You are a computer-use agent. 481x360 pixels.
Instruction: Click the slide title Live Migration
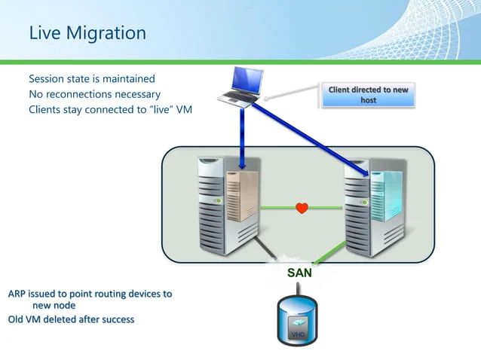point(87,33)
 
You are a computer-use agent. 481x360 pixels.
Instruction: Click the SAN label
point(299,273)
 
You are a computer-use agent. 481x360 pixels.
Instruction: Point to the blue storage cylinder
point(299,320)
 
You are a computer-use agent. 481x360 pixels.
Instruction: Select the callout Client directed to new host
point(368,95)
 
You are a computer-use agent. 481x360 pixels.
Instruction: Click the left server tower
point(226,203)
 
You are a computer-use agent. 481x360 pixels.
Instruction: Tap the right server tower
point(375,203)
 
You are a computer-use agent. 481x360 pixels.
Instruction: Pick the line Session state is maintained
point(92,78)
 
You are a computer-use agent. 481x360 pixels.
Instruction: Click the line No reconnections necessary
point(94,94)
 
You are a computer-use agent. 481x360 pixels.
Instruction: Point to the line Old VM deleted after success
point(71,319)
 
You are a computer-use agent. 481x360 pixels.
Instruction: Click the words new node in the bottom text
point(53,305)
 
